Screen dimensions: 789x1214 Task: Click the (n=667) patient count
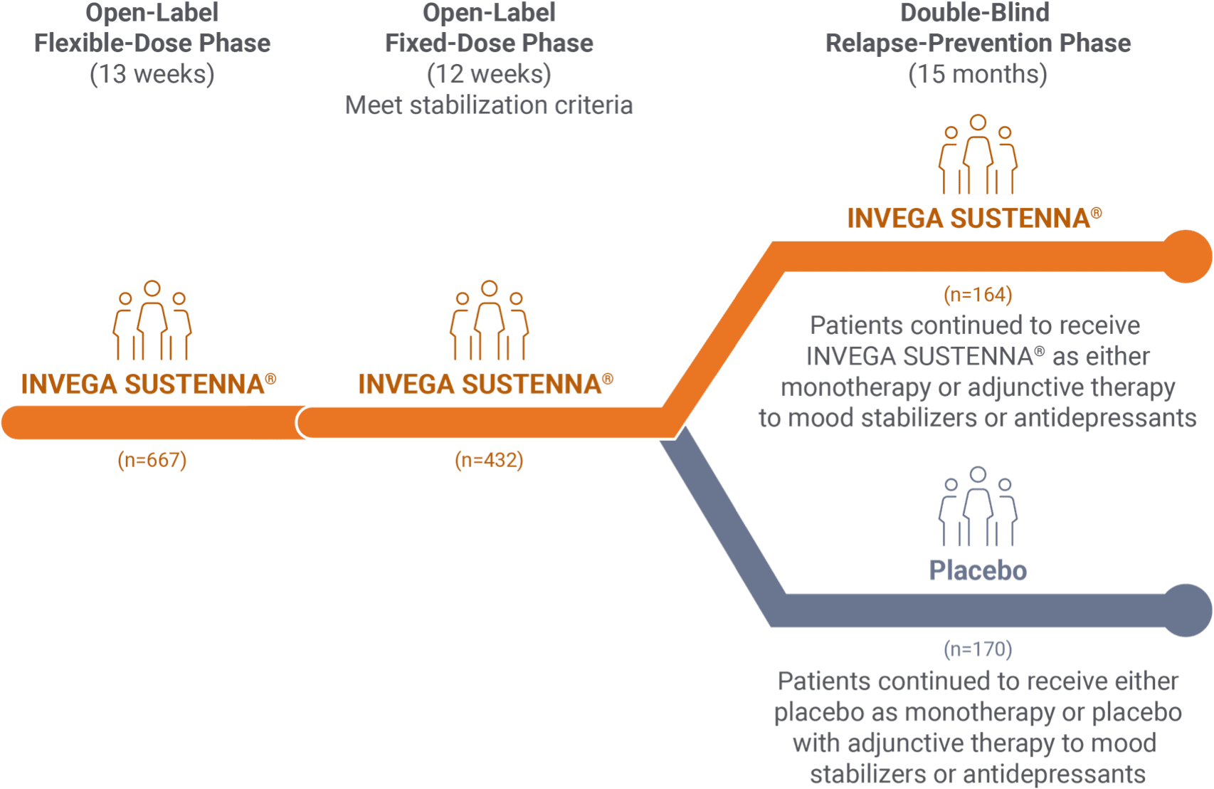[x=152, y=461]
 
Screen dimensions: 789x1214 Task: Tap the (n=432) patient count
[x=489, y=461]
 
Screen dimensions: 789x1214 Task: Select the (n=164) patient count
[x=978, y=295]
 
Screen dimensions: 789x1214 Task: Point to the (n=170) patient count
[x=978, y=649]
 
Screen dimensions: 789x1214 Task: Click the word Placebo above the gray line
[x=978, y=570]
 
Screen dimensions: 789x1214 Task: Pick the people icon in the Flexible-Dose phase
[x=152, y=321]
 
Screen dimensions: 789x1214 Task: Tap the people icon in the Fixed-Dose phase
[x=489, y=321]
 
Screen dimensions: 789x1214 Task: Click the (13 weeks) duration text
[x=152, y=74]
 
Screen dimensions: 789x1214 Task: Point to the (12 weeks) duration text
[x=489, y=74]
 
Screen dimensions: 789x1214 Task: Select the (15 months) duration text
[x=978, y=74]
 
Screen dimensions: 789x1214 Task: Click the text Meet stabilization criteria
[x=489, y=105]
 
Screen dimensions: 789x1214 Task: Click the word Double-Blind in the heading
[x=974, y=13]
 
